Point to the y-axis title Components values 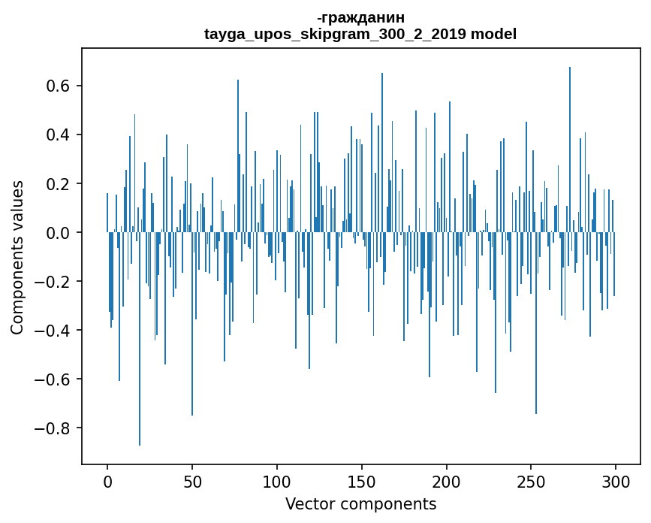coord(17,257)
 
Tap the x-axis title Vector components coord(360,503)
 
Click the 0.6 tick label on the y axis coord(59,86)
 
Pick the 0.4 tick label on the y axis coord(59,135)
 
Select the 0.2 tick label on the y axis coord(59,184)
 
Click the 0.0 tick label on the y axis coord(59,233)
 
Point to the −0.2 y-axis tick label coord(54,282)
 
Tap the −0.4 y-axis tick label coord(54,331)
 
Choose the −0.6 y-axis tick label coord(54,379)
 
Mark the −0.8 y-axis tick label coord(54,428)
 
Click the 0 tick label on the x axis coord(107,481)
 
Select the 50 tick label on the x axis coord(192,481)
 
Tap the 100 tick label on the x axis coord(277,481)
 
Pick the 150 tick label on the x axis coord(362,481)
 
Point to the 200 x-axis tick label coord(447,481)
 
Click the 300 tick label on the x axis coord(616,481)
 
